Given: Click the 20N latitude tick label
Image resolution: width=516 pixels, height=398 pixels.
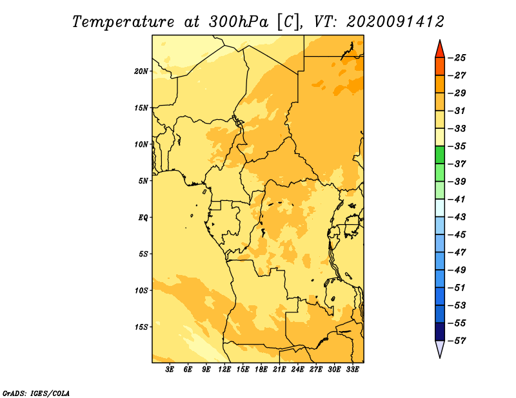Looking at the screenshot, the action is pos(141,71).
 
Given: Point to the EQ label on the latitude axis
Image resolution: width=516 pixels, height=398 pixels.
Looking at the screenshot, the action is pos(143,218).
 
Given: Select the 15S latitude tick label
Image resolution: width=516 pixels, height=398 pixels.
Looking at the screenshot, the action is pos(141,327).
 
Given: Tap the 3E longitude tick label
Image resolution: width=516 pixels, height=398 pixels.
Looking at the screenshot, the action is pos(170,370).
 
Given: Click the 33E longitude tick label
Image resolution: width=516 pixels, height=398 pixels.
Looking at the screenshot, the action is pos(352,370).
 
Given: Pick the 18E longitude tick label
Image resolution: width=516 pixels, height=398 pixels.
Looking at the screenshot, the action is pos(261,370).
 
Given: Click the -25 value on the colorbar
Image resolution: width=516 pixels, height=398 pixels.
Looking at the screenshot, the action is pos(457,58).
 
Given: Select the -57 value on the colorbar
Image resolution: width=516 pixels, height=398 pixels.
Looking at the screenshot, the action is pos(457,341).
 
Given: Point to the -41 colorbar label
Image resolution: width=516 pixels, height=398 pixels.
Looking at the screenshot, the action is pos(457,200).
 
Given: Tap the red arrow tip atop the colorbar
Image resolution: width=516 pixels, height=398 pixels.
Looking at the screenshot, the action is pos(440,41).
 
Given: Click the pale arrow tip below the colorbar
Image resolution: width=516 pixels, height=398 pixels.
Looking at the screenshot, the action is pos(440,357).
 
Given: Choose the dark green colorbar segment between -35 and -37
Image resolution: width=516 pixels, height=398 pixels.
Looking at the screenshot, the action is pos(440,155).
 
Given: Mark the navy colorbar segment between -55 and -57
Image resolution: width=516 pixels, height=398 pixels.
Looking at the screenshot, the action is pos(440,332).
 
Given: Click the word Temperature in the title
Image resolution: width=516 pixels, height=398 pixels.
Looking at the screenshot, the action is pos(123,22).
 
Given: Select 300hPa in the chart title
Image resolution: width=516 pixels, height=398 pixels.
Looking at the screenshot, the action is pos(239,22).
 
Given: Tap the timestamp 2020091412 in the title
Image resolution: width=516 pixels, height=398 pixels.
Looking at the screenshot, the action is pos(395,22).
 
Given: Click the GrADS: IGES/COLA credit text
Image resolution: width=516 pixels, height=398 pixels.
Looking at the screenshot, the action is pos(36,393).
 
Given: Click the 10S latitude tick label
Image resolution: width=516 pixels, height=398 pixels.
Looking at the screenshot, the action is pos(141,290).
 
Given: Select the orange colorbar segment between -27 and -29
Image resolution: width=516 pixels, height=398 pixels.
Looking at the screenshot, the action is pos(440,84).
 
